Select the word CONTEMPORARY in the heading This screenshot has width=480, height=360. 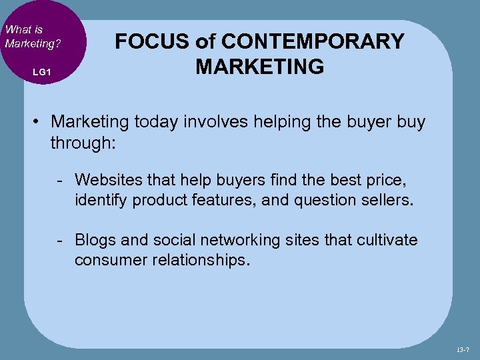(x=312, y=41)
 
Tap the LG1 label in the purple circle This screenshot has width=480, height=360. (x=41, y=71)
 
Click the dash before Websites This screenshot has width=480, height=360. (x=61, y=180)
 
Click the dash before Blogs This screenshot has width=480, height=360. (x=61, y=241)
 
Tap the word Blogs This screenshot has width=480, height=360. (x=95, y=240)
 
